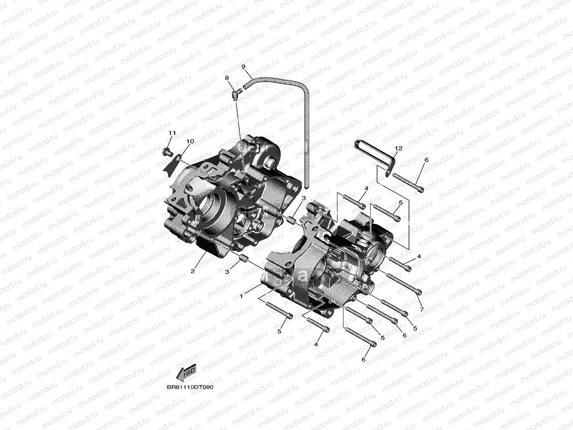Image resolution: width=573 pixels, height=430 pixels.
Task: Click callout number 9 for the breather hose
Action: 243,66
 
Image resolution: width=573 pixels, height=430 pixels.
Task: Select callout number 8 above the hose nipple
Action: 227,78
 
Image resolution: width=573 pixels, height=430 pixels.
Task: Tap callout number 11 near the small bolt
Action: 172,133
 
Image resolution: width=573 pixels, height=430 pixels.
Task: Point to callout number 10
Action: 190,141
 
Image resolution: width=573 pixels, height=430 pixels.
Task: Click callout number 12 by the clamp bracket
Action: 398,149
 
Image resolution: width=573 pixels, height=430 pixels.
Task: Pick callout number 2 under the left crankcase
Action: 193,271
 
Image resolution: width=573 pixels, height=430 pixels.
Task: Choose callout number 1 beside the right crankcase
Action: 241,296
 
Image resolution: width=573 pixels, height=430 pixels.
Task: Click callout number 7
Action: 421,309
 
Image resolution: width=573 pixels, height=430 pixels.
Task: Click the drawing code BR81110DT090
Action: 190,387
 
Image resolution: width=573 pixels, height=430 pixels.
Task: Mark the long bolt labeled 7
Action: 404,283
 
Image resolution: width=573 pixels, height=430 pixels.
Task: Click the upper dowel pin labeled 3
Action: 291,220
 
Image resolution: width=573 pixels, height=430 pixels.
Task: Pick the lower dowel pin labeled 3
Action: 244,258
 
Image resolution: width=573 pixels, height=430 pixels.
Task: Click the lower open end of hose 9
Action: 306,186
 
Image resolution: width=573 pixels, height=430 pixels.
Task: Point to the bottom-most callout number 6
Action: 363,359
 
